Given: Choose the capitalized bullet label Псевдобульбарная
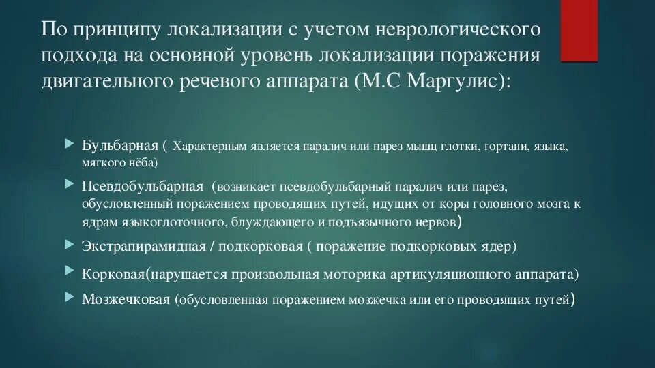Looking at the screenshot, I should (x=143, y=186).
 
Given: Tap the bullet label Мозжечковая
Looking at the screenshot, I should (x=126, y=299).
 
